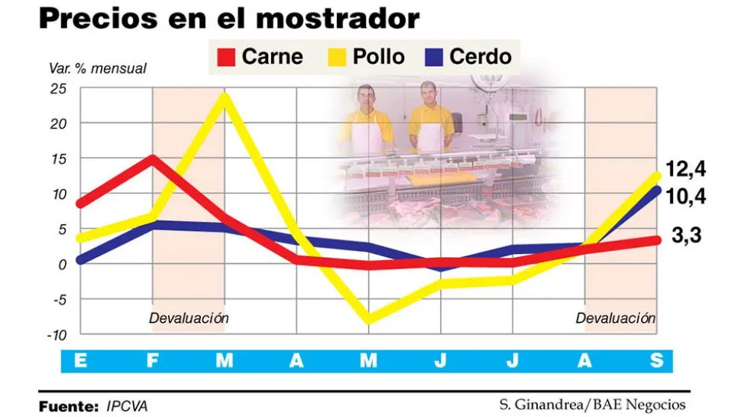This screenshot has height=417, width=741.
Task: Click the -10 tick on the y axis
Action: pyautogui.click(x=55, y=333)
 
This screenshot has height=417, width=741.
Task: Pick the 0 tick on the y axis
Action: pyautogui.click(x=62, y=263)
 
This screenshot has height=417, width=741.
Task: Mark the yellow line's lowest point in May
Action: pyautogui.click(x=368, y=319)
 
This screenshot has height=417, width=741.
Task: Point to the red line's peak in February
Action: pyautogui.click(x=152, y=158)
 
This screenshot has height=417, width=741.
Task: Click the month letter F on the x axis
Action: pyautogui.click(x=152, y=361)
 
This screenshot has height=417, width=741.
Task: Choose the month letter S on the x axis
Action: pyautogui.click(x=656, y=361)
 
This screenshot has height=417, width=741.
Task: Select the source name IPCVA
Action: pyautogui.click(x=128, y=405)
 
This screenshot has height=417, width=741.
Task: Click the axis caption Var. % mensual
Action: pyautogui.click(x=97, y=69)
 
